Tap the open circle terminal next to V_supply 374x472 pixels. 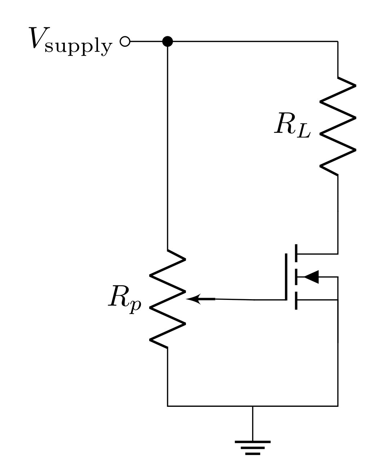124,42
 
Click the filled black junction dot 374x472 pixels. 168,42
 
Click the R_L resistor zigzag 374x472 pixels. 338,126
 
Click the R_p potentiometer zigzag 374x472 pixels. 168,299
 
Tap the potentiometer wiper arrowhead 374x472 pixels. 193,299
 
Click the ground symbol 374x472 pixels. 253,447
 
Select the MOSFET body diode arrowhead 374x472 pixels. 311,277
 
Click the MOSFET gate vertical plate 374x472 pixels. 286,277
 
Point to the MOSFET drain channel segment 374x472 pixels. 296,253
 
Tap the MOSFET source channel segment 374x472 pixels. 296,300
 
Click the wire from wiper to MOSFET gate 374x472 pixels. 249,299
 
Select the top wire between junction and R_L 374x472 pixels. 252,42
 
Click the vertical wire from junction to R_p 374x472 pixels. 168,144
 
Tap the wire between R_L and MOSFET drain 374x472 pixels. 338,212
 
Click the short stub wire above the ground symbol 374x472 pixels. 253,423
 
